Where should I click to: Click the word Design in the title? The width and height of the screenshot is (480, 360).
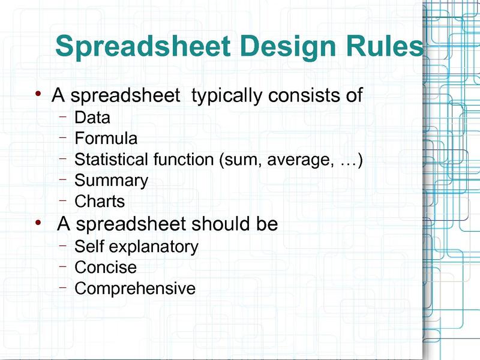[289, 47]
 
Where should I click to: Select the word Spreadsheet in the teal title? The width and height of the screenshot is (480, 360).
[143, 47]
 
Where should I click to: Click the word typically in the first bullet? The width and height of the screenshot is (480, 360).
[227, 96]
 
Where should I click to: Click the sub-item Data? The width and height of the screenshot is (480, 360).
[92, 117]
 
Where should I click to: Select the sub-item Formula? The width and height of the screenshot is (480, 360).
[106, 138]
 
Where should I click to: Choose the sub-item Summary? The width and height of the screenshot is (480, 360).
[112, 181]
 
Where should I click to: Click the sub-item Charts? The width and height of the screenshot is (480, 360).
[100, 201]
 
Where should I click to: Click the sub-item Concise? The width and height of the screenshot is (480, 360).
[106, 267]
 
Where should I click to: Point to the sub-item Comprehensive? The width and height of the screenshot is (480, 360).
[135, 289]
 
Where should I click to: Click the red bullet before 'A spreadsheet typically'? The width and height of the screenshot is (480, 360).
[38, 93]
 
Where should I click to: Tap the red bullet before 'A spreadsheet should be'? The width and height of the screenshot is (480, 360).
[38, 223]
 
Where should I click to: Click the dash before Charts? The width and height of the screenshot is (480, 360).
[63, 200]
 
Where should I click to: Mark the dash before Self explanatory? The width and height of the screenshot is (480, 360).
[63, 245]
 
